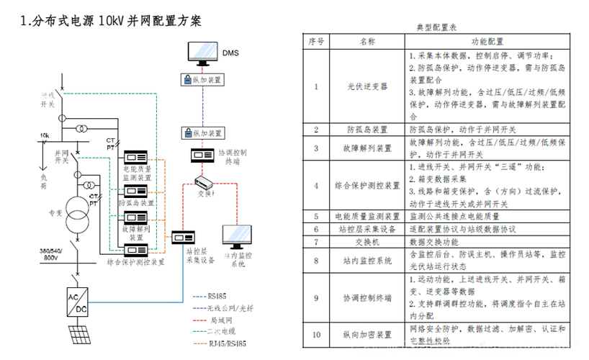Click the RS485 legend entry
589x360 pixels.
tap(215, 295)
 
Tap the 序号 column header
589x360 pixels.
tap(315, 42)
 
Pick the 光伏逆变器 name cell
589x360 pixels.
tap(367, 86)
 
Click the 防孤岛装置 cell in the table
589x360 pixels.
tap(367, 130)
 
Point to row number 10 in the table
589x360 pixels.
tap(315, 334)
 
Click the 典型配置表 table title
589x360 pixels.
tap(436, 27)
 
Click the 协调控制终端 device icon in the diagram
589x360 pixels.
tap(199, 154)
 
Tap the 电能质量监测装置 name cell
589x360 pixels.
tap(367, 216)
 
